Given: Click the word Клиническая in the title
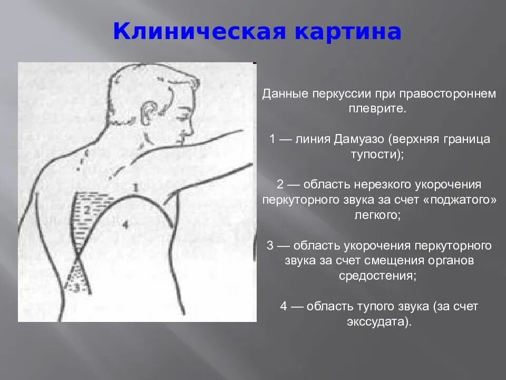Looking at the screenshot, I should coord(200,32).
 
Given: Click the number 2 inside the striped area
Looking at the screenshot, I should coord(88,210).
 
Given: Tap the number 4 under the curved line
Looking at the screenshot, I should coord(124,225).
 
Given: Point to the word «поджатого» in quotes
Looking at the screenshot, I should coord(464,200).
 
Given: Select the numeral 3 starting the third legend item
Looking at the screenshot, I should coord(270,245).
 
